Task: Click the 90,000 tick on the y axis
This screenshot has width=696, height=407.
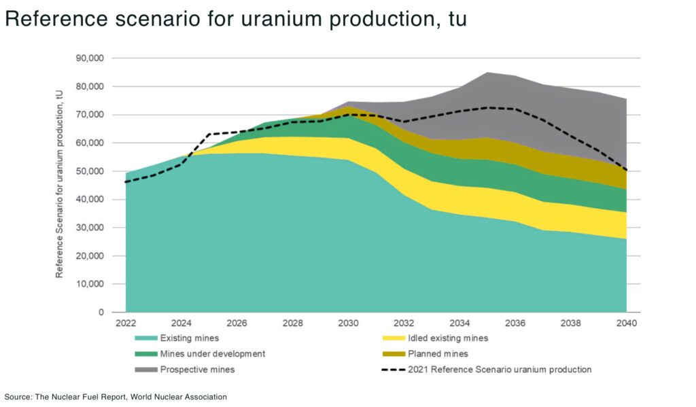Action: (89, 58)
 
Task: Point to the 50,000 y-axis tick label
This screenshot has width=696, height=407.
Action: (89, 171)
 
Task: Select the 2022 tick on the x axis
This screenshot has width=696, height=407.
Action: (126, 323)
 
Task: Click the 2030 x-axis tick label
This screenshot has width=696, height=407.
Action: (348, 323)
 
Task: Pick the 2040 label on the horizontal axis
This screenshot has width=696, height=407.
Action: (626, 323)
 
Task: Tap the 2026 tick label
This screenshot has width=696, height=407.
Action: (237, 323)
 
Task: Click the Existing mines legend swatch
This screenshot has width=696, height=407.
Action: (144, 338)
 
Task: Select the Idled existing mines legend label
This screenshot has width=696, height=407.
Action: (448, 338)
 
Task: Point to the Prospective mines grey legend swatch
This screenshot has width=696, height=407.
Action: (144, 370)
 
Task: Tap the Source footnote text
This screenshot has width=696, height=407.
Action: (116, 396)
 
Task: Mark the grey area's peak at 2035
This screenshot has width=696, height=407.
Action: (487, 73)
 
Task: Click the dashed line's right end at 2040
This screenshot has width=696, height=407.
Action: (626, 171)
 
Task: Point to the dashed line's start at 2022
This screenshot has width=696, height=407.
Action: (126, 182)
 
